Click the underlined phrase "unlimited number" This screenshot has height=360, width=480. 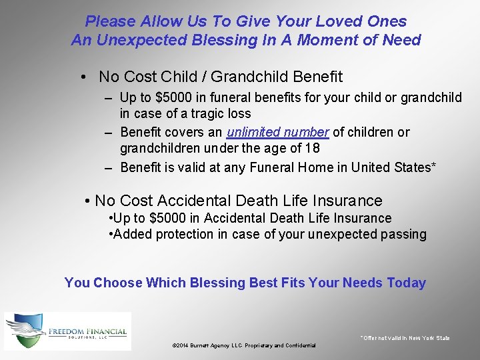tap(278, 132)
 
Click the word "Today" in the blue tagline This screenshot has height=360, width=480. tap(406, 283)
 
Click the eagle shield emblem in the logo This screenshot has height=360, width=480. tap(26, 331)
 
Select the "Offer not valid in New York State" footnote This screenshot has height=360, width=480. tap(405, 338)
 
